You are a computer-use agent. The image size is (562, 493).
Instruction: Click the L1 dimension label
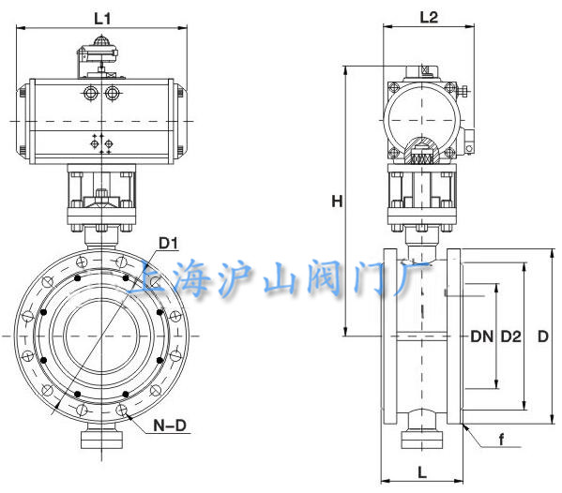coord(102,19)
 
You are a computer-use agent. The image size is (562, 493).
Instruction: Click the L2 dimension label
coord(429,17)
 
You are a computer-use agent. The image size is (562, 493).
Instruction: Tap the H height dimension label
coord(337,202)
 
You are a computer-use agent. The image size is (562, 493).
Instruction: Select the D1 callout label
coord(168,244)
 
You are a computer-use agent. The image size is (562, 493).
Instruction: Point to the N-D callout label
coord(170,426)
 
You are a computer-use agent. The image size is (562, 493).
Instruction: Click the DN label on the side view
coord(481,336)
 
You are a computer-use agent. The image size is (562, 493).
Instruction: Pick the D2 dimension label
coord(510,336)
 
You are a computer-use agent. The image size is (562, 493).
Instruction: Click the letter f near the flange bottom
coord(502,440)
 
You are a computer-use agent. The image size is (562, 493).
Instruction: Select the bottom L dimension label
coord(422,473)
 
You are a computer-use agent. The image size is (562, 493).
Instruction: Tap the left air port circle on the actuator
coord(91,94)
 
